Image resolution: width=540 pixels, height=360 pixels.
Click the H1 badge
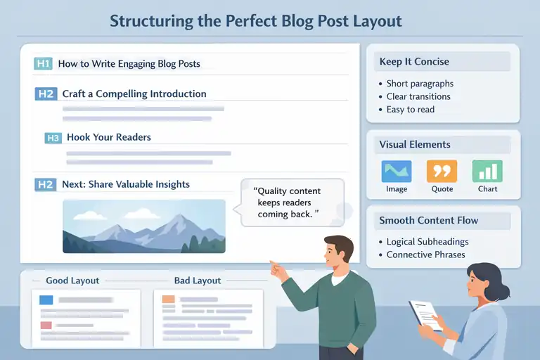pos(43,64)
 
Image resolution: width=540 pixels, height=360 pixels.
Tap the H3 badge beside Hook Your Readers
pos(53,138)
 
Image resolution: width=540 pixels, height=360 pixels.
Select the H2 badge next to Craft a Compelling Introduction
pos(45,94)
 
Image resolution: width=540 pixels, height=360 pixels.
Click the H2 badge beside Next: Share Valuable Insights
pos(45,185)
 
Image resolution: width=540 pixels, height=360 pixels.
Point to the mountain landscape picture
pos(143,226)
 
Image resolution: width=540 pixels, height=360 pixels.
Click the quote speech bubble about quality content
pos(291,202)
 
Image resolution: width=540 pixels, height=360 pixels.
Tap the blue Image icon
pos(397,172)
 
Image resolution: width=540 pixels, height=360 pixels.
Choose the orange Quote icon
pos(442,172)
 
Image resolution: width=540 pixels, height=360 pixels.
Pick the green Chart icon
pos(487,172)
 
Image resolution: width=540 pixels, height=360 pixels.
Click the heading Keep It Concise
pos(414,62)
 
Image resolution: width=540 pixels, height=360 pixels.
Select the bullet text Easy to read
pos(411,109)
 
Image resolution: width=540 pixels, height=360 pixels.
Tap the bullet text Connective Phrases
pos(425,255)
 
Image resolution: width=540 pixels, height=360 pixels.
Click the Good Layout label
pos(72,281)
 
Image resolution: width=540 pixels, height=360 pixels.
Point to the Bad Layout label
pos(197,281)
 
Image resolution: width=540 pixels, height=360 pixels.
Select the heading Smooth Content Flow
pos(428,220)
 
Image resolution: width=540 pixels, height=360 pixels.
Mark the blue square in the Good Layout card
pos(46,300)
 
